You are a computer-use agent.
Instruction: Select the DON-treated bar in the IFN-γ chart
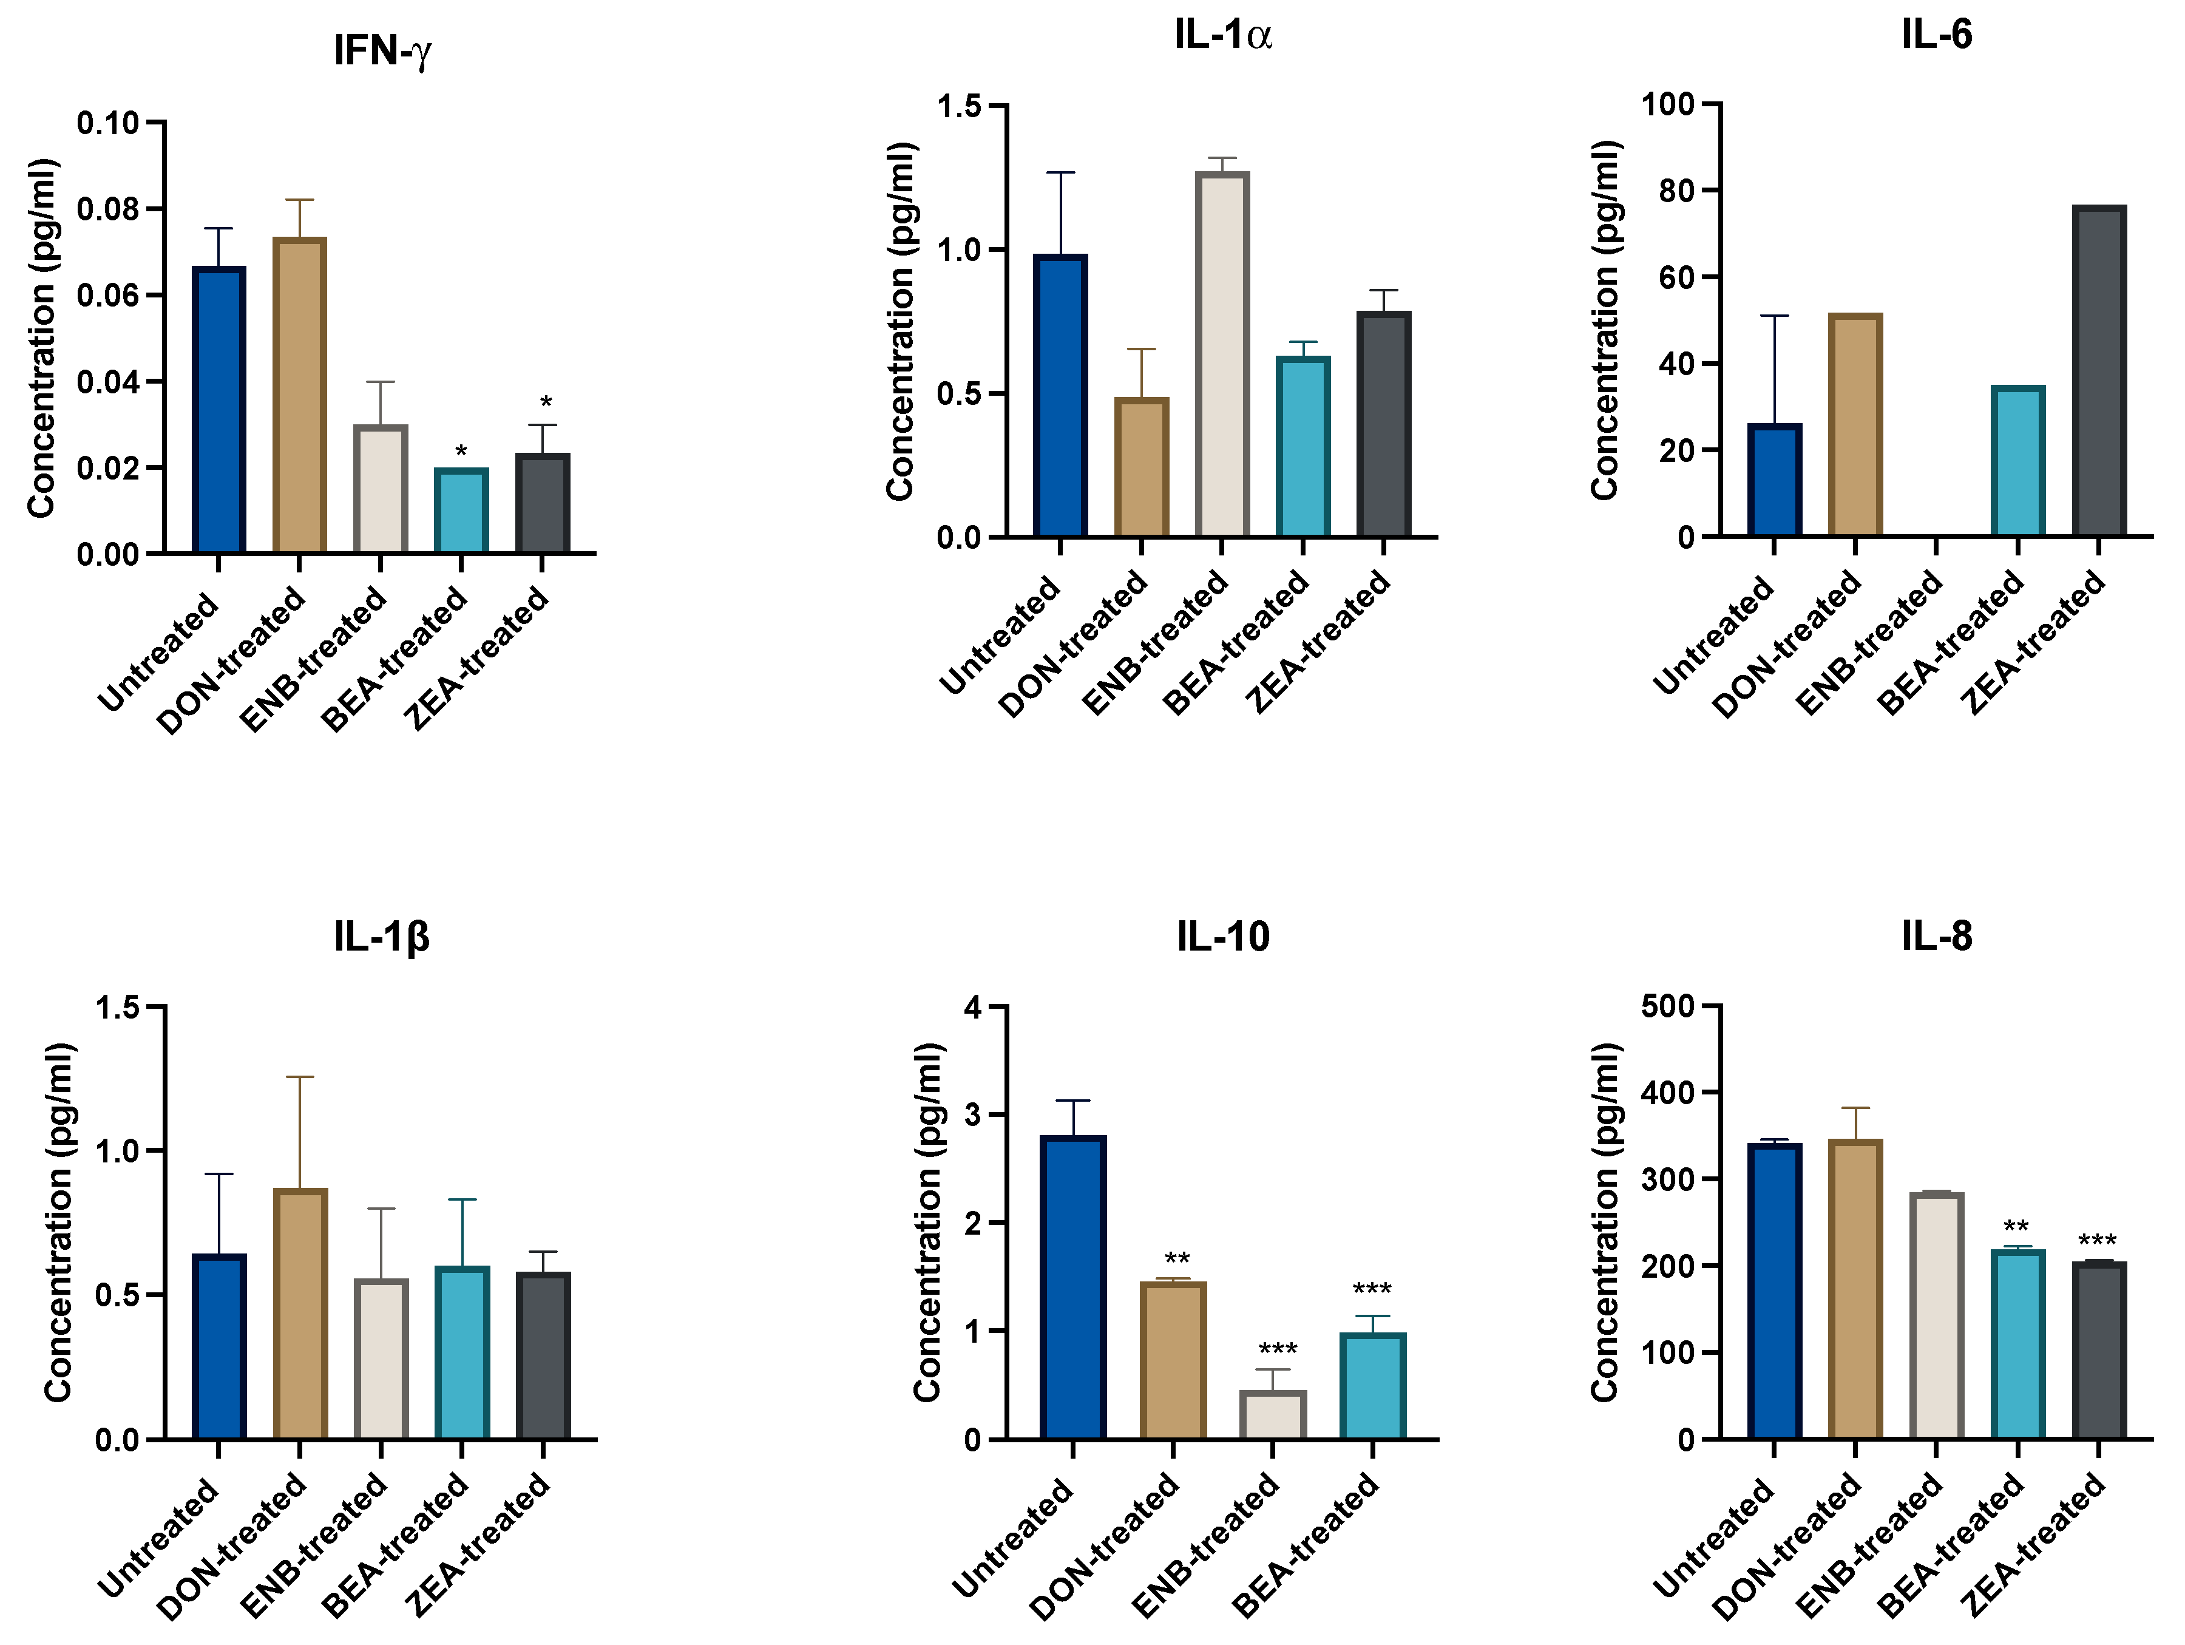click(x=299, y=395)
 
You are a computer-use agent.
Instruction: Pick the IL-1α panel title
click(x=1223, y=35)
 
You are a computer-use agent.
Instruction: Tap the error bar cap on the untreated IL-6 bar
click(x=1774, y=316)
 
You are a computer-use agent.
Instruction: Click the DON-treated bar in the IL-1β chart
click(x=299, y=1314)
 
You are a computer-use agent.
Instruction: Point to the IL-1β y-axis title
click(x=57, y=1222)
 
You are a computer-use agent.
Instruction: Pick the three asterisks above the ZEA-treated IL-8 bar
click(x=2096, y=1241)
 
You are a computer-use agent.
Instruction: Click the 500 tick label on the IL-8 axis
click(x=1667, y=1007)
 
